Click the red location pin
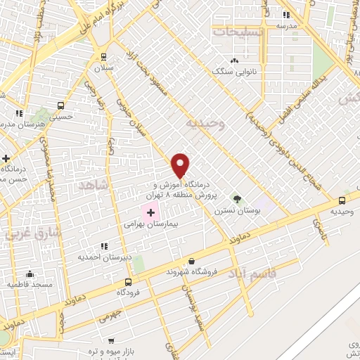click(181, 165)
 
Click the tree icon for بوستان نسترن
click(236, 198)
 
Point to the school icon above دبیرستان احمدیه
click(104, 246)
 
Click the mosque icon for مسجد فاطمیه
click(30, 274)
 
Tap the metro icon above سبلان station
click(103, 57)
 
